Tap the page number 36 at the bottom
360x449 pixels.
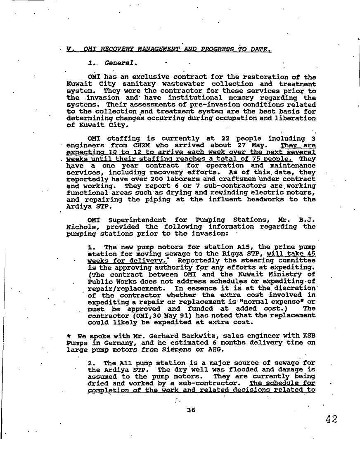tap(190, 410)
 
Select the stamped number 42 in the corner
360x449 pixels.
tap(331, 419)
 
